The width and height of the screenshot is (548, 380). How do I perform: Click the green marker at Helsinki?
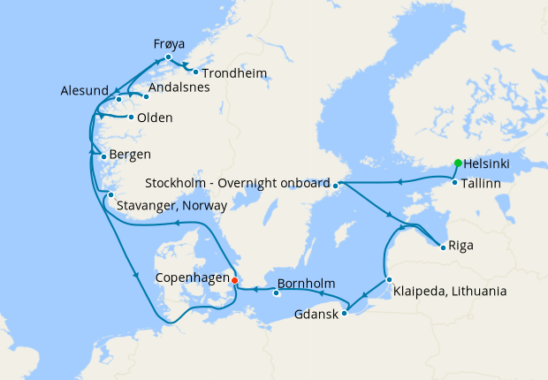pos(457,163)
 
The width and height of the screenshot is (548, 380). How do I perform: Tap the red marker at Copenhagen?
pos(234,281)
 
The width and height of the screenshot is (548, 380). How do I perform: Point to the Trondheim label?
pos(233,72)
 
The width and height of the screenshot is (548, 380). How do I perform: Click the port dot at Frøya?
pos(168,57)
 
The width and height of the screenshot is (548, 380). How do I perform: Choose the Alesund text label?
pos(85,90)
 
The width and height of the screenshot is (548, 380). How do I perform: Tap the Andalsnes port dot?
pos(146,96)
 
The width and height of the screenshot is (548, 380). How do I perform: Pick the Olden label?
pos(155,118)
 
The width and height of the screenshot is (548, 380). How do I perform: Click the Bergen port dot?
pos(103,157)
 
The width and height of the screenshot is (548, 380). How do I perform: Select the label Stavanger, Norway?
pos(171,205)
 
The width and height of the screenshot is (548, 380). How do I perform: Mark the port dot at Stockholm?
pos(336,185)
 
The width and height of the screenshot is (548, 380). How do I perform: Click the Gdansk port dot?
pos(346,310)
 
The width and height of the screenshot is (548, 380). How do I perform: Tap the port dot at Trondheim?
pos(195,72)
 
